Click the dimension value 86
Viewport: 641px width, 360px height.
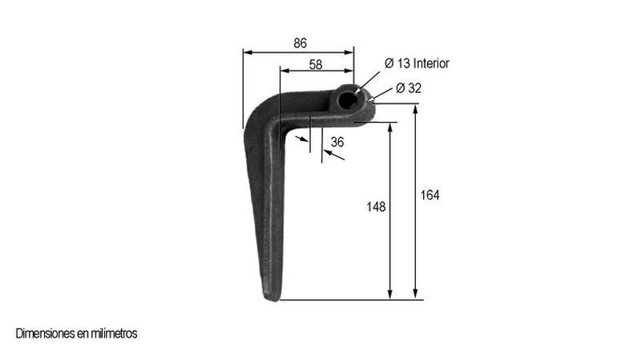300,43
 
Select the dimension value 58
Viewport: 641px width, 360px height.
316,65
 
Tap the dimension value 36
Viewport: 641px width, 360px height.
337,142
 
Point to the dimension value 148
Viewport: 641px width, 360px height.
376,207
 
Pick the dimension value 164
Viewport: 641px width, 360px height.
430,195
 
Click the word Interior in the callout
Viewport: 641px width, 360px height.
431,63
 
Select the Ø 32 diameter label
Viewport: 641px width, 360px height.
409,88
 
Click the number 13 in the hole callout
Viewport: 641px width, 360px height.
404,63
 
